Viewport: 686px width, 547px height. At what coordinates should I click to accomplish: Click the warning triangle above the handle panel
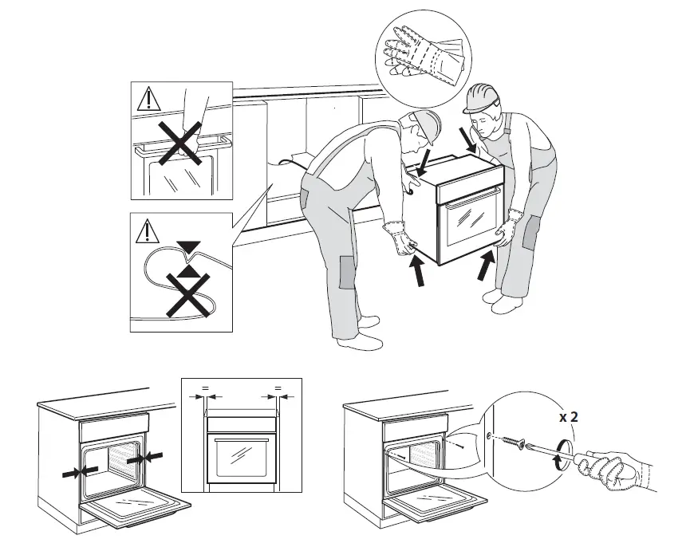[x=148, y=100]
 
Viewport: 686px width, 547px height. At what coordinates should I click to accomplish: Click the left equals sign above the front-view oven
[x=205, y=388]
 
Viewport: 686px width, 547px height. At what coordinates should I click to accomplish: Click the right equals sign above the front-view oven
[x=278, y=388]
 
